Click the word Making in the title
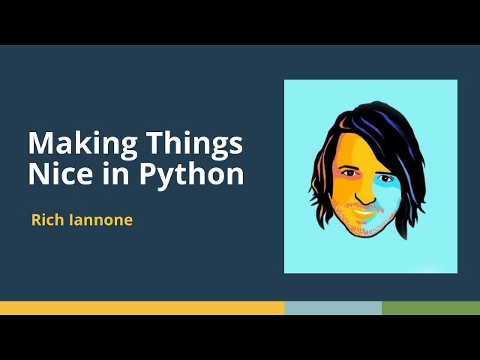coord(73,142)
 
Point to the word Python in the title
coord(191,175)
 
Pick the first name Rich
coord(46,220)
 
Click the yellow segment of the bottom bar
coord(142,307)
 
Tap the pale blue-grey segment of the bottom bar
coord(333,307)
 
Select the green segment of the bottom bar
coord(430,307)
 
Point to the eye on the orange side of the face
coord(349,173)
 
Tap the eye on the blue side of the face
coord(386,178)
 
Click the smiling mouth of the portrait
coord(364,212)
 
